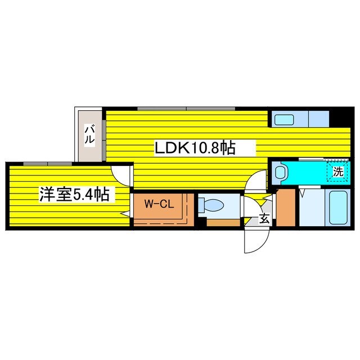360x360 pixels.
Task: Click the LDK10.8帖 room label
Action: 195,148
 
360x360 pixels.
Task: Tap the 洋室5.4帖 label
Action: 74,194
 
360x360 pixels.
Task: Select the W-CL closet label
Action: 159,204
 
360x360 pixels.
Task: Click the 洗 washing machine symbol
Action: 338,172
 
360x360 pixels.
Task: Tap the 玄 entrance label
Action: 264,219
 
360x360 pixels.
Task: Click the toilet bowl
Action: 211,204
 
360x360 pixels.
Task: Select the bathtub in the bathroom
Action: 338,208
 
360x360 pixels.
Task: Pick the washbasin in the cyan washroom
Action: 280,172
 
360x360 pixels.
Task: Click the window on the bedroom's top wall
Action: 48,164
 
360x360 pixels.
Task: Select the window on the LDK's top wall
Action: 186,109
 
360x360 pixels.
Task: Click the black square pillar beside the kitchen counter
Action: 339,119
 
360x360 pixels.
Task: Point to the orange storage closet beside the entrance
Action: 286,208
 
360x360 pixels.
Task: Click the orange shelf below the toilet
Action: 223,223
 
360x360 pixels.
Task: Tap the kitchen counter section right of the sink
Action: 319,119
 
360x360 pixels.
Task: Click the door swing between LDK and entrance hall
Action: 256,181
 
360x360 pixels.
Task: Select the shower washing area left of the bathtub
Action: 312,208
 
